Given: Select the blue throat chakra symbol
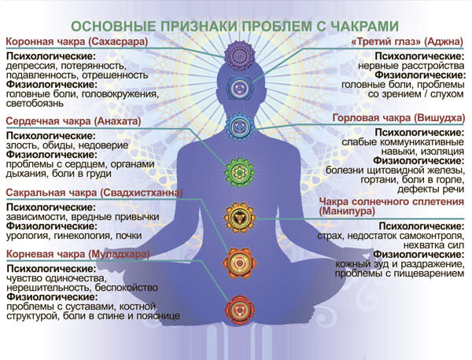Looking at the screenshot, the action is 238,124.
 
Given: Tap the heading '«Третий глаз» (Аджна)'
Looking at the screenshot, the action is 409,41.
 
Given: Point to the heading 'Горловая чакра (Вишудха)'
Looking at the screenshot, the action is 399,118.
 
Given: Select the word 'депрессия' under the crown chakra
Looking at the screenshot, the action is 30,65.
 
